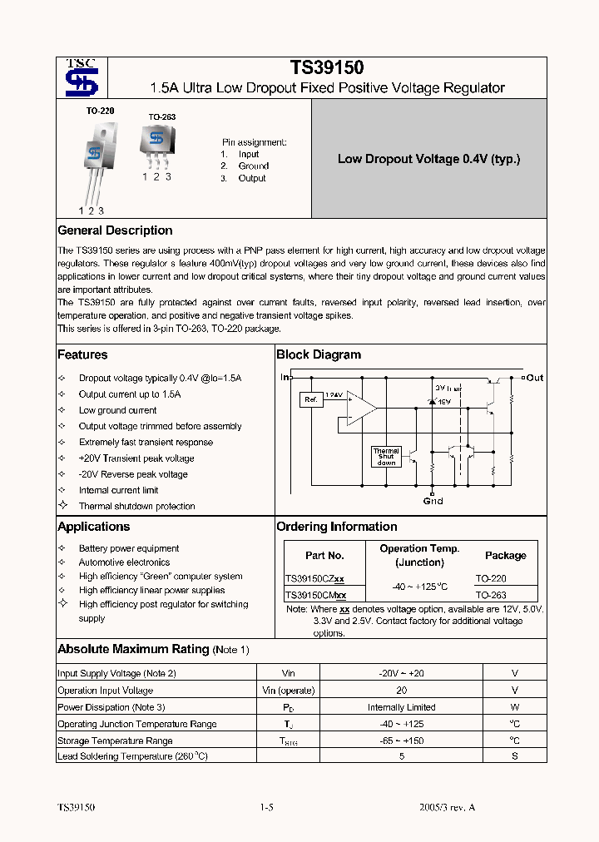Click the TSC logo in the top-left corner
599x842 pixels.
click(x=82, y=78)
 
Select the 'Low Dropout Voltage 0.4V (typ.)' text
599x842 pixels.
click(x=428, y=159)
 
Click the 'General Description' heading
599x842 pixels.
click(x=115, y=230)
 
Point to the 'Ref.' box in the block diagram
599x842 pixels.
click(x=310, y=400)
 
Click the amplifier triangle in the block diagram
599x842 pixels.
click(x=360, y=408)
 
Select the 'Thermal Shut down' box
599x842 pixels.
click(x=386, y=456)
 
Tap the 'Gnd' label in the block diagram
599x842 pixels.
click(x=433, y=501)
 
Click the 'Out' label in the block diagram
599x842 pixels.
click(x=534, y=378)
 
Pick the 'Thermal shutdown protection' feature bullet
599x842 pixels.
click(x=136, y=506)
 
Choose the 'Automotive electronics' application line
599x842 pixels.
click(x=124, y=562)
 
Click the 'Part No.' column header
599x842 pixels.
click(x=324, y=555)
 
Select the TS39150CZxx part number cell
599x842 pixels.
click(x=314, y=578)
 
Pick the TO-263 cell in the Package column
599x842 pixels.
click(x=491, y=596)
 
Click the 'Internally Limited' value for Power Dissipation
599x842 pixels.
click(x=402, y=707)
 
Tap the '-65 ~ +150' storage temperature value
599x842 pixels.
click(x=402, y=740)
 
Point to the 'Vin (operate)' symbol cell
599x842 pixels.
click(x=289, y=691)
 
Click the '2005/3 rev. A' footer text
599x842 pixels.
click(x=448, y=807)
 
